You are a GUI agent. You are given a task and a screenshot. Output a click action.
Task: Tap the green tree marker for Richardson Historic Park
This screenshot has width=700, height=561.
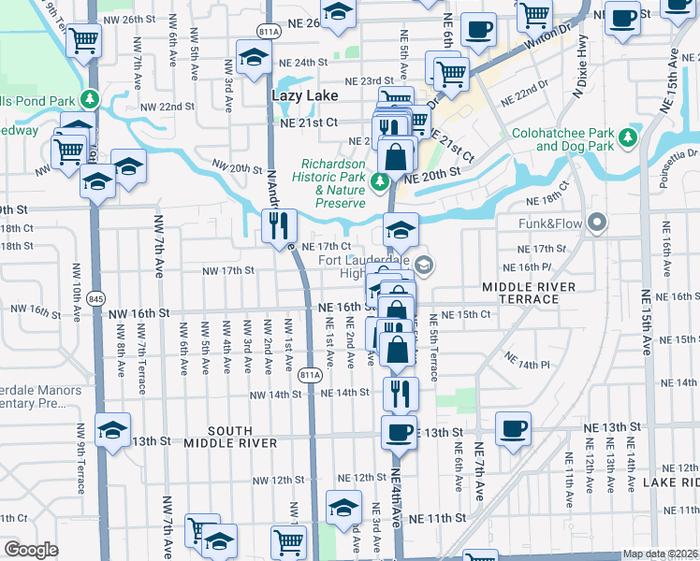380,180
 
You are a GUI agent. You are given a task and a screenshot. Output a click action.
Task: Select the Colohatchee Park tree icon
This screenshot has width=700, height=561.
629,138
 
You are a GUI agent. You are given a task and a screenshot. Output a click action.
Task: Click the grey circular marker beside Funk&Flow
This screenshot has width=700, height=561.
597,223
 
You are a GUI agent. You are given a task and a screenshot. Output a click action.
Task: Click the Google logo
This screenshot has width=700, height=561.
31,550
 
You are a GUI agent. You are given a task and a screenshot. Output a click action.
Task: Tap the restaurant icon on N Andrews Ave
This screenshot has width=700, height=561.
279,225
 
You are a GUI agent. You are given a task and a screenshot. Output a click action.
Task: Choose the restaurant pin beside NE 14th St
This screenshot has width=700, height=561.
401,393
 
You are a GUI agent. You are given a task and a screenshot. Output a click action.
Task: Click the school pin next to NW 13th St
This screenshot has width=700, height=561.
113,430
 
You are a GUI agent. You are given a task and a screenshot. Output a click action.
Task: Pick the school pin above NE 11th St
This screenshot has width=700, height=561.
343,508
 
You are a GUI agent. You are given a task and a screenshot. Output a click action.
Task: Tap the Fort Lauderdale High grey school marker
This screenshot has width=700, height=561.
424,266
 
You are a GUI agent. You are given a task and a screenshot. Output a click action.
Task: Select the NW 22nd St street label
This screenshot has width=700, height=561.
169,108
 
